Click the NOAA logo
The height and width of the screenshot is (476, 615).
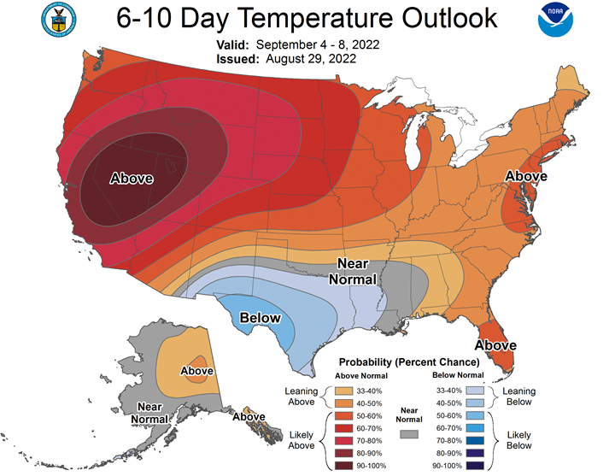click(555, 20)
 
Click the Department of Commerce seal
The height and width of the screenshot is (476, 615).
click(58, 20)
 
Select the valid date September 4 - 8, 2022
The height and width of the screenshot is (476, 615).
click(318, 44)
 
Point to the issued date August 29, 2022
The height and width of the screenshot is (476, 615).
click(311, 59)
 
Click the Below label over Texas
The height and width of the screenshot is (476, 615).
click(260, 317)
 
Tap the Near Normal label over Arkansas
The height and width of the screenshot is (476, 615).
click(352, 271)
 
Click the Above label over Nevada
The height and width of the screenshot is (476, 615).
click(132, 178)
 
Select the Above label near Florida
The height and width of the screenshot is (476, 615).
click(495, 345)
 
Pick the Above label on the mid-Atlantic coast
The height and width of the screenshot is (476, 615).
click(525, 176)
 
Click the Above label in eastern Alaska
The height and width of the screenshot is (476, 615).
click(197, 371)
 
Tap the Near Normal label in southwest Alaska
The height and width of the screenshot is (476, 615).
click(149, 413)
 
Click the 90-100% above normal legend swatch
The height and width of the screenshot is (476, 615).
click(343, 466)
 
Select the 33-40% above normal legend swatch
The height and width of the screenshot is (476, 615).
click(343, 391)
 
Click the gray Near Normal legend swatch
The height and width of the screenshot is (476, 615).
click(409, 434)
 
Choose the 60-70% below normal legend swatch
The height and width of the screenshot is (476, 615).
click(475, 428)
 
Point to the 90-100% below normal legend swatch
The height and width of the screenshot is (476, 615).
click(475, 466)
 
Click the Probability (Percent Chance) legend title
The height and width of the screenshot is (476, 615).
click(409, 361)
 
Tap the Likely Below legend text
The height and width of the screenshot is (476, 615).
click(519, 440)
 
